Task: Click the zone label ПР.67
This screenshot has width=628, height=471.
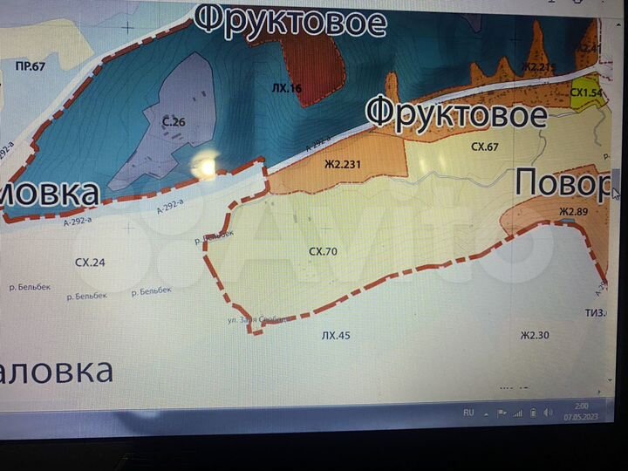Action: [x=31, y=66]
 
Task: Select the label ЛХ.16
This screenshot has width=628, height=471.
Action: [x=286, y=89]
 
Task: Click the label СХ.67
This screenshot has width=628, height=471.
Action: [x=485, y=147]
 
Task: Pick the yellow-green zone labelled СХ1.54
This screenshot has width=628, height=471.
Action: [x=586, y=92]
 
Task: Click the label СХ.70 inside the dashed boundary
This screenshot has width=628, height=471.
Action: [x=323, y=251]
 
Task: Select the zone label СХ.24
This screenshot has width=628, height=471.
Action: [x=90, y=261]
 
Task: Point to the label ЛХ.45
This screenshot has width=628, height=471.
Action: [x=335, y=334]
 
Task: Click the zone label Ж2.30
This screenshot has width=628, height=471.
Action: [x=534, y=334]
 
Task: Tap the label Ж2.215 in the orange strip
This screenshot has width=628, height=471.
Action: [x=538, y=66]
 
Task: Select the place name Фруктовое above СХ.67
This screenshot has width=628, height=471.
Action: [x=456, y=113]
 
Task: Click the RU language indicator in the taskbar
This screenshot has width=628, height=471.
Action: [x=468, y=413]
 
